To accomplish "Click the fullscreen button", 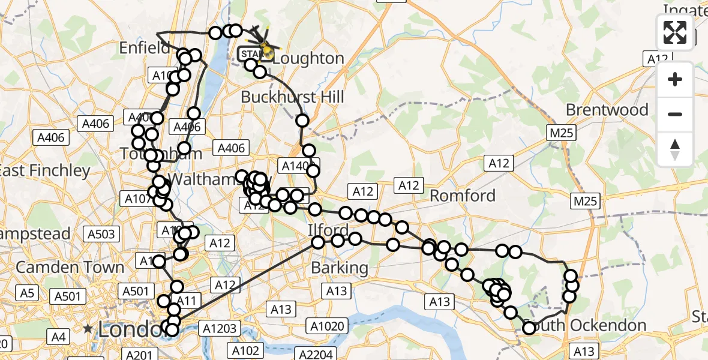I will [x=675, y=32].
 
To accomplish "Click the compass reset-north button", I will [x=675, y=149].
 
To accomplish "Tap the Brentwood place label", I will [x=607, y=110].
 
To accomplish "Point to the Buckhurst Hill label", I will [x=292, y=97].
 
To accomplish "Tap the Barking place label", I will [x=340, y=268].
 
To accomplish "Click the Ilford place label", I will [x=328, y=230].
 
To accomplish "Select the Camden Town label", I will [x=70, y=267].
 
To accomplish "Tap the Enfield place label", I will [x=145, y=47].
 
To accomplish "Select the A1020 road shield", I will [x=327, y=326].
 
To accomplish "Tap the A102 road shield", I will [x=245, y=350].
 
